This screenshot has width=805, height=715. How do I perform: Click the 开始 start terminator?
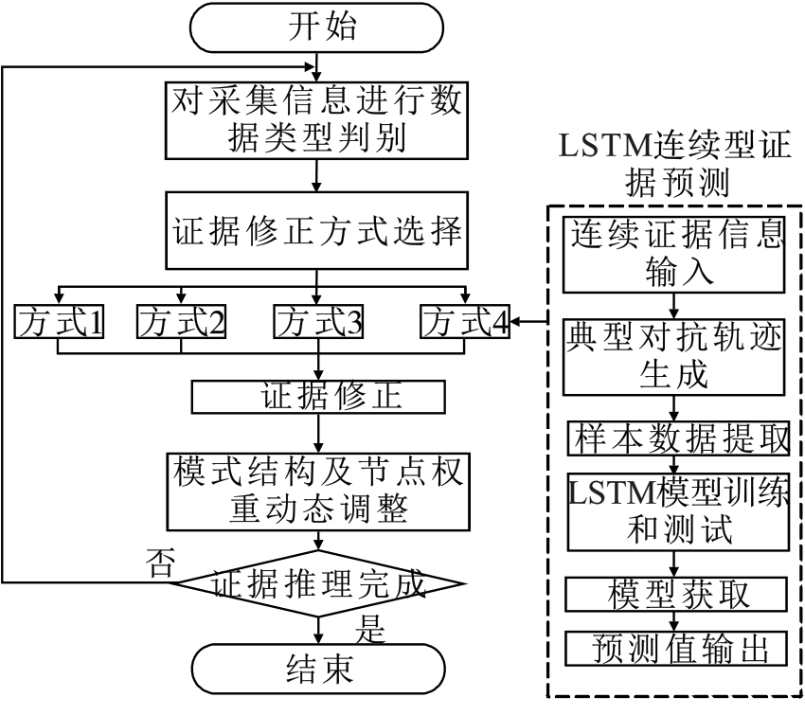(x=317, y=27)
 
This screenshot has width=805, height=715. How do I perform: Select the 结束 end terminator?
(x=317, y=670)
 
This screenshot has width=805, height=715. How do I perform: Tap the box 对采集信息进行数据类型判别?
(x=317, y=121)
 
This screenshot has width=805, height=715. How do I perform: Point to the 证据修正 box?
(x=317, y=398)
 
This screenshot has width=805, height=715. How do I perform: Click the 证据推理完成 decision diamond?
(x=317, y=583)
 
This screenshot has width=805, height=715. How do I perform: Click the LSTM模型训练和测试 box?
(x=677, y=511)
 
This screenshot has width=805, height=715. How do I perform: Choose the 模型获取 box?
(x=677, y=595)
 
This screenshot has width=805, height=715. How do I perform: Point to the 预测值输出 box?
(x=677, y=650)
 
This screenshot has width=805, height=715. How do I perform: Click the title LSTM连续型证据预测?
(x=675, y=164)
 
